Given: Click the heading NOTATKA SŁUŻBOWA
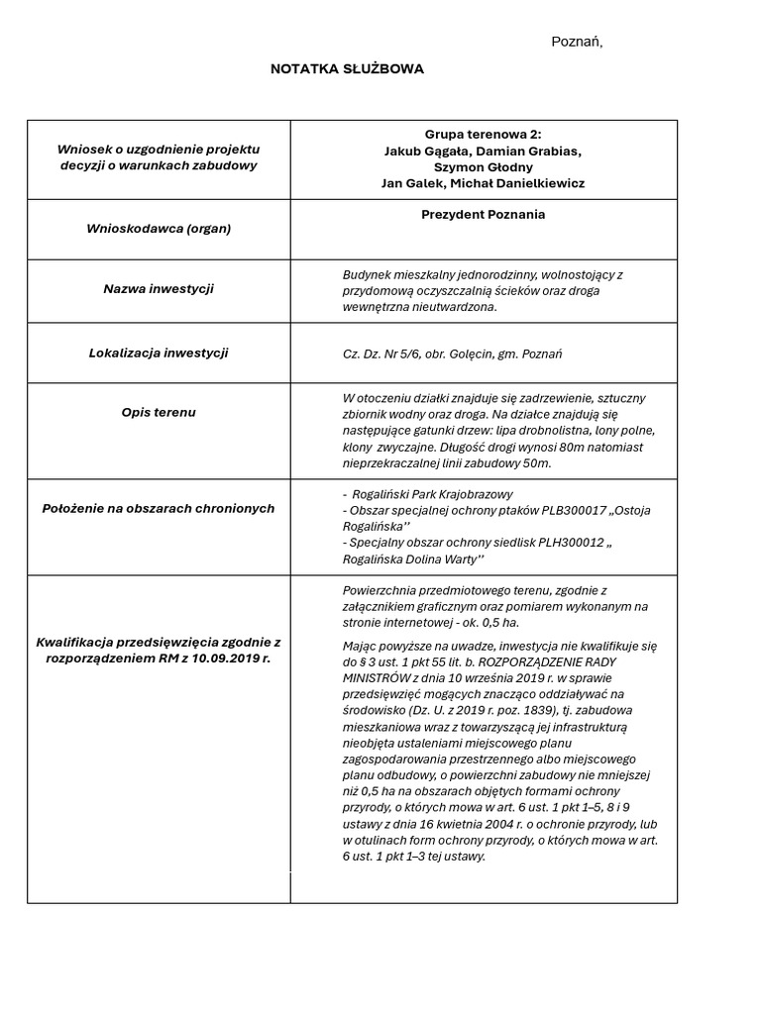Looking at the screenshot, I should [x=347, y=69].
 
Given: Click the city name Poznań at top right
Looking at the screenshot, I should [x=576, y=42].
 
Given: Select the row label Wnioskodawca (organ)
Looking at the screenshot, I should [x=159, y=229].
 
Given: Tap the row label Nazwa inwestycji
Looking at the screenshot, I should [x=159, y=289].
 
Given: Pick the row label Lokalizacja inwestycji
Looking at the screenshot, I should [x=159, y=353].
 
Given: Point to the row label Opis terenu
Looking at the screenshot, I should [x=159, y=412].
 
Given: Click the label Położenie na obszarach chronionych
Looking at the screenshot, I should [x=159, y=508].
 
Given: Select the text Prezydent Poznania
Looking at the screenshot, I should [x=484, y=214].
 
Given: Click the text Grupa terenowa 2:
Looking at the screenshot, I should [x=484, y=135].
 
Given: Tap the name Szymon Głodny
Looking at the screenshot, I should [x=484, y=167].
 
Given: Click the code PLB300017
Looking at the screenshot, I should [x=544, y=510].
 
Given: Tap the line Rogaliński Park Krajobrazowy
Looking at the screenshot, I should [x=433, y=494].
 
